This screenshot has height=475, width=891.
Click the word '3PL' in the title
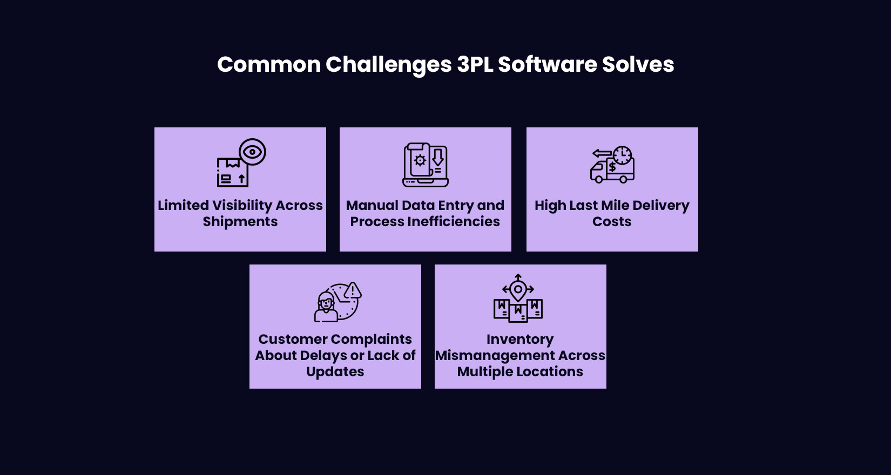pyautogui.click(x=475, y=65)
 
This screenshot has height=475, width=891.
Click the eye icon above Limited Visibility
pyautogui.click(x=252, y=152)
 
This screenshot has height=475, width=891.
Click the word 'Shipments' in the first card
pyautogui.click(x=240, y=222)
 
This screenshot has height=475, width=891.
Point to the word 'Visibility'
pyautogui.click(x=242, y=206)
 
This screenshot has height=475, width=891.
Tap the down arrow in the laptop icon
pyautogui.click(x=438, y=157)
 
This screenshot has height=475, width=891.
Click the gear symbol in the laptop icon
pyautogui.click(x=420, y=160)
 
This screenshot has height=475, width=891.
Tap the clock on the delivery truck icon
pyautogui.click(x=622, y=155)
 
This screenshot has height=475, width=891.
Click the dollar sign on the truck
pyautogui.click(x=612, y=167)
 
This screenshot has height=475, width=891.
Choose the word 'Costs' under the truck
pyautogui.click(x=611, y=222)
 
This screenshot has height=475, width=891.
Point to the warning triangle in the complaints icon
pyautogui.click(x=353, y=291)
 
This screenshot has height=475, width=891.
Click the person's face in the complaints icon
pyautogui.click(x=326, y=303)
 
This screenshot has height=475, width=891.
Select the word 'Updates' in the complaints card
pyautogui.click(x=335, y=372)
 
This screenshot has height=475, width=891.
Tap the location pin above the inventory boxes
pyautogui.click(x=518, y=290)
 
